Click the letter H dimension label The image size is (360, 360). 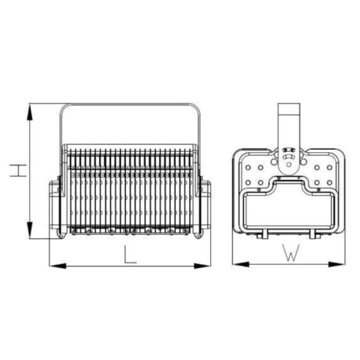pyautogui.click(x=18, y=170)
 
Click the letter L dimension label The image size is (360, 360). pyautogui.click(x=130, y=254)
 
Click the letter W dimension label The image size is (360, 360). pyautogui.click(x=291, y=253)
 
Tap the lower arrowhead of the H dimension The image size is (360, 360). pyautogui.click(x=29, y=230)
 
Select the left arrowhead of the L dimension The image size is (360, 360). pyautogui.click(x=58, y=266)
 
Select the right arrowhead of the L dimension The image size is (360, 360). pyautogui.click(x=202, y=266)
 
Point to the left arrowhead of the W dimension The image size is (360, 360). pyautogui.click(x=241, y=264)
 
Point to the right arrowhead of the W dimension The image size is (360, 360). pyautogui.click(x=337, y=264)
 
